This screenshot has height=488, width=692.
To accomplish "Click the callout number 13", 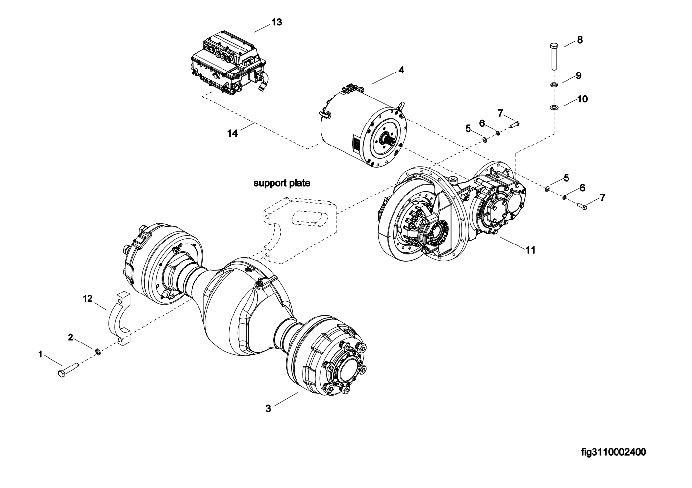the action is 277,22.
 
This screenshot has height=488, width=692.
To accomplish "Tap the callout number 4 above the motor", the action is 401,70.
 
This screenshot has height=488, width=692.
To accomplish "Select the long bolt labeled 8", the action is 554,57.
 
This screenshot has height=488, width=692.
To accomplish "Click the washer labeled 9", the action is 554,84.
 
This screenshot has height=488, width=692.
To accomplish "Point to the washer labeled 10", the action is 554,107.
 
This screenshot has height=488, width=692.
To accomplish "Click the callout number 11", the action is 530,250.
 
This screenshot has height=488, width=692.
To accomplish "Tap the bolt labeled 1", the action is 69,369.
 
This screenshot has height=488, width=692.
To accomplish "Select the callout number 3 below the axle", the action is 268,408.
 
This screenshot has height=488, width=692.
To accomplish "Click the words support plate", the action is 282,183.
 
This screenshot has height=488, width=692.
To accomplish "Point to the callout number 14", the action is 233,133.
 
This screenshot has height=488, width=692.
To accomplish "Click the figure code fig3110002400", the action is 614,452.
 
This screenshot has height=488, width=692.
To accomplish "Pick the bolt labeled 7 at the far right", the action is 582,206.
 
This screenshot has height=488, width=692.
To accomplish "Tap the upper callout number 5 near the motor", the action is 468,128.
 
